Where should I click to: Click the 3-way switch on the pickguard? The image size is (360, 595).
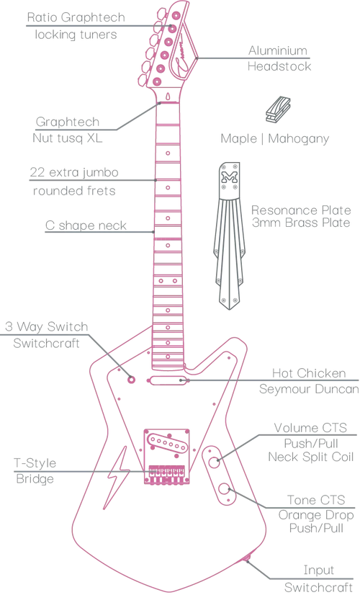click(x=132, y=379)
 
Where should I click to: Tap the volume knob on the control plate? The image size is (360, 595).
click(x=214, y=462)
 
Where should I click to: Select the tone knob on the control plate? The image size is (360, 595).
click(x=225, y=489)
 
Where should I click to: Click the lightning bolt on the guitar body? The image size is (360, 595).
click(x=117, y=478)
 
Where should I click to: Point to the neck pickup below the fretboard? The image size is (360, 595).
click(x=167, y=380)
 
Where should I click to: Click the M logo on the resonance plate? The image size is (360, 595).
click(x=229, y=176)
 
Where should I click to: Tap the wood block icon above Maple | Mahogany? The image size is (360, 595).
click(x=278, y=110)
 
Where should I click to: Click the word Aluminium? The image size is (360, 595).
click(x=278, y=50)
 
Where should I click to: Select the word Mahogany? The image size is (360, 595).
click(x=299, y=139)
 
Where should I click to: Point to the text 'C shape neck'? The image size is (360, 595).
click(x=86, y=225)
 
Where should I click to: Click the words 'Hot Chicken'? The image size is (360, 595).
click(x=309, y=373)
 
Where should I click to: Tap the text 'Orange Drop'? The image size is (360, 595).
click(x=316, y=515)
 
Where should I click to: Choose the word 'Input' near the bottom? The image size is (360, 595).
click(x=319, y=571)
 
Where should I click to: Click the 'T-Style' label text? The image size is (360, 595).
click(x=35, y=463)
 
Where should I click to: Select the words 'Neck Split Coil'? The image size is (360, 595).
click(x=311, y=457)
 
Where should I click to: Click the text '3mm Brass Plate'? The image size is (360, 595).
click(x=301, y=223)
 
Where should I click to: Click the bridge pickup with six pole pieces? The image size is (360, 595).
click(x=167, y=442)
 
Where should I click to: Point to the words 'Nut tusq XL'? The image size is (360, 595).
click(x=68, y=138)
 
